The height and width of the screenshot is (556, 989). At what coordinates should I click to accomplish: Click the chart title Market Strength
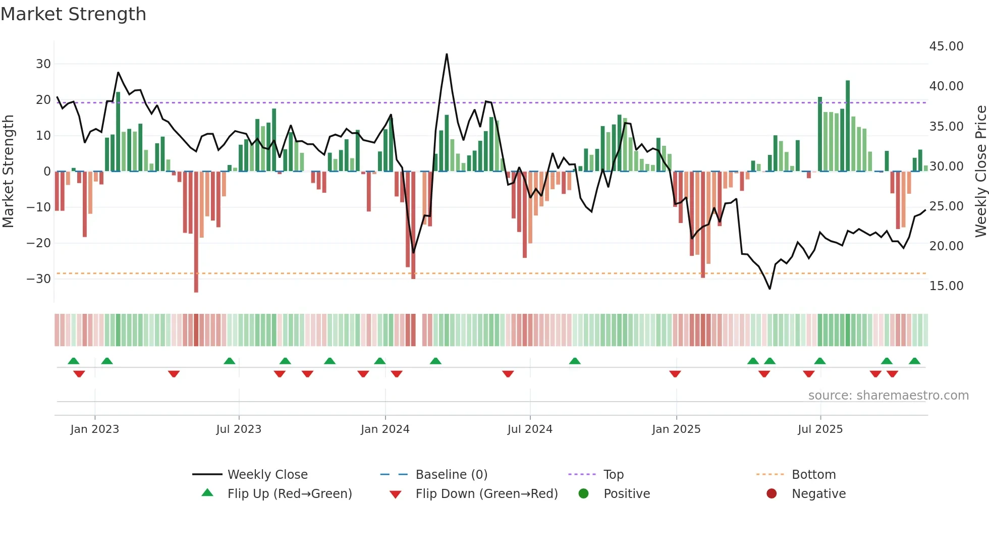(x=73, y=14)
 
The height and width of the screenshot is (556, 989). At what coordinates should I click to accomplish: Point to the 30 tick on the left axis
(x=43, y=64)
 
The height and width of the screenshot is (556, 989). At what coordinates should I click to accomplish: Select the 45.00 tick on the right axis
(x=946, y=46)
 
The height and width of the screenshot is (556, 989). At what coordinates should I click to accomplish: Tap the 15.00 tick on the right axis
(x=946, y=286)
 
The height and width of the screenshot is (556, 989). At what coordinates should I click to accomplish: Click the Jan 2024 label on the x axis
(x=385, y=429)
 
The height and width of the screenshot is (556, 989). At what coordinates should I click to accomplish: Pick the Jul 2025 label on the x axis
(x=820, y=429)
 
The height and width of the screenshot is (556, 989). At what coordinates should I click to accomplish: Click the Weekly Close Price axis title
(x=980, y=172)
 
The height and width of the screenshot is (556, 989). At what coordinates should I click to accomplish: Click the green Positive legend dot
(x=583, y=494)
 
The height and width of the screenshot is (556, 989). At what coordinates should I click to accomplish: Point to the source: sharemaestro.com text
(x=888, y=396)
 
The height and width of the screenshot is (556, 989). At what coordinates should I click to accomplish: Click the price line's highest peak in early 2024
(x=447, y=54)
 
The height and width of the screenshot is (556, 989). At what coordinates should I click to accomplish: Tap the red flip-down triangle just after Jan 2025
(x=675, y=374)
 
